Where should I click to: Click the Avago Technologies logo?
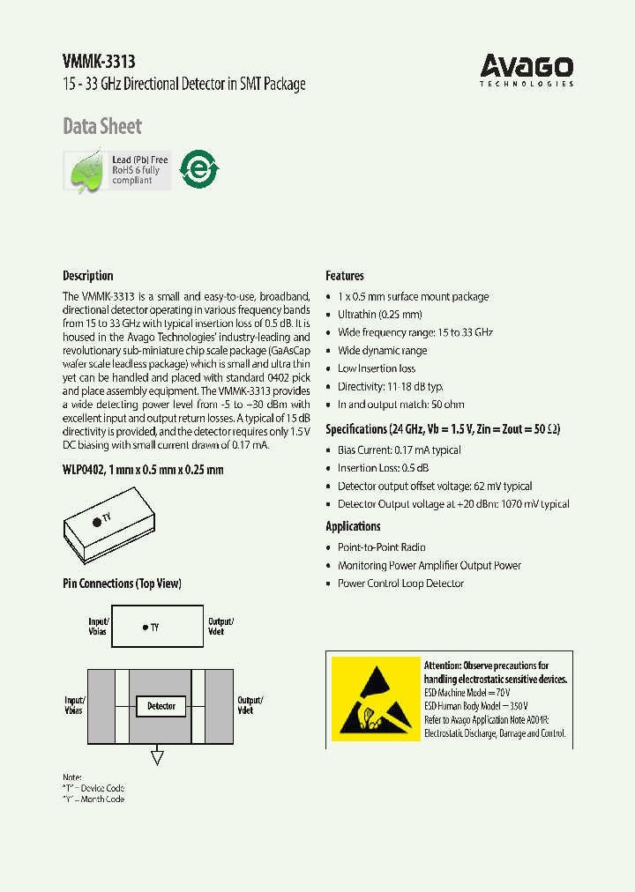click(527, 70)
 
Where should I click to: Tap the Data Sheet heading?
click(101, 127)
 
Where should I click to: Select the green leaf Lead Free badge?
click(116, 170)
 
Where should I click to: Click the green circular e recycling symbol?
click(198, 169)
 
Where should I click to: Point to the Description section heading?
click(87, 276)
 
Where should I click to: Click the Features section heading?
click(344, 276)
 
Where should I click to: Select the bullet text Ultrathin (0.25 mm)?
click(379, 315)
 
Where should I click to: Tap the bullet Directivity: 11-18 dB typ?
click(390, 387)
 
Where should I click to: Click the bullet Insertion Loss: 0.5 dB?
click(383, 468)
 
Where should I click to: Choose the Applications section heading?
click(353, 526)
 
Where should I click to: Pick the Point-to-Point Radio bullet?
click(381, 547)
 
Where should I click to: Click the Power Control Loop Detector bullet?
click(400, 584)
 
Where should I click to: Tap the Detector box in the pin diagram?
click(161, 706)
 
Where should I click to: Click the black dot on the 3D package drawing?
click(96, 522)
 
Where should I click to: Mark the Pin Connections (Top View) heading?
click(122, 584)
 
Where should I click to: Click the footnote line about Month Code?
click(93, 799)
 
